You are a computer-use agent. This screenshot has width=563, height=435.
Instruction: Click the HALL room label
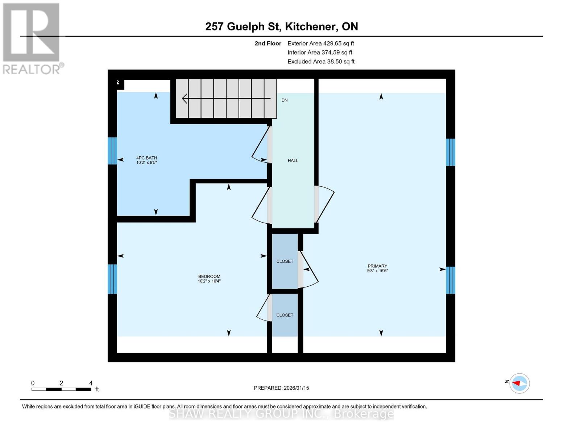tap(293, 161)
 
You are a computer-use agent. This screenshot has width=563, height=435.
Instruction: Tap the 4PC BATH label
tap(147, 158)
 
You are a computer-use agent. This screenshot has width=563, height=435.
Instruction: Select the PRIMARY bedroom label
tap(377, 266)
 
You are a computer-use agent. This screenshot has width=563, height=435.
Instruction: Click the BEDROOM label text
tap(209, 277)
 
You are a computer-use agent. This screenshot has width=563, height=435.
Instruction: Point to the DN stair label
tap(285, 100)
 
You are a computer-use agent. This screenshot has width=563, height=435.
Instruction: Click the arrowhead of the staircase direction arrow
tap(185, 99)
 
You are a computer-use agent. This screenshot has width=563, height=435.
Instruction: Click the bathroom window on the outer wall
tap(112, 151)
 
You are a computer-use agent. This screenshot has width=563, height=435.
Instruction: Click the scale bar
tap(61, 389)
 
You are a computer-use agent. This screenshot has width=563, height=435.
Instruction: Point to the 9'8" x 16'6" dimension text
tap(377, 271)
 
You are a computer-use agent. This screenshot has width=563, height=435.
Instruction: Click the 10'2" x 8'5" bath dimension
tap(147, 163)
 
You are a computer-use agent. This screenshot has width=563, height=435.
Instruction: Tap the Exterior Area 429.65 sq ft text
tap(321, 43)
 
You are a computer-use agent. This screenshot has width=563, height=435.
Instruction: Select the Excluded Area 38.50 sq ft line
tap(321, 62)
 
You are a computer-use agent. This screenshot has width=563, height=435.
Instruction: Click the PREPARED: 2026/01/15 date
tap(281, 388)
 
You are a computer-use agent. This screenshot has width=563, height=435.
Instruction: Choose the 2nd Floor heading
tap(268, 43)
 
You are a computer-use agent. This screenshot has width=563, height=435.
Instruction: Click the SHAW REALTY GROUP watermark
tap(281, 414)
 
